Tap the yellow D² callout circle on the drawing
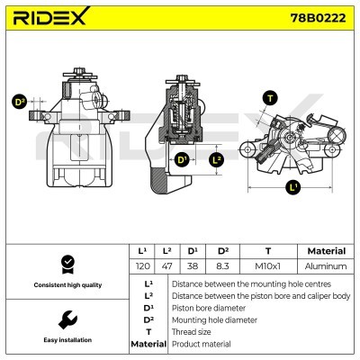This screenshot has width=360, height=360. pyautogui.click(x=19, y=103)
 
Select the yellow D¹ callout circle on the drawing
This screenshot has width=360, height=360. pyautogui.click(x=182, y=160)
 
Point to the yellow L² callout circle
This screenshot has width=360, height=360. pyautogui.click(x=215, y=160)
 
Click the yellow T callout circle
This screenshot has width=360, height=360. pyautogui.click(x=269, y=97)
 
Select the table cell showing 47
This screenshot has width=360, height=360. pyautogui.click(x=167, y=266)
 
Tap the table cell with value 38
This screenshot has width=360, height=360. pyautogui.click(x=192, y=266)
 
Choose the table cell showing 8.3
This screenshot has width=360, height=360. pyautogui.click(x=222, y=266)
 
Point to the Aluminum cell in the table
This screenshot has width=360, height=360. pyautogui.click(x=327, y=266)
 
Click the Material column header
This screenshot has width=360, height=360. pyautogui.click(x=327, y=251)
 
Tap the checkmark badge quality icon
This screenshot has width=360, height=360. pyautogui.click(x=67, y=263)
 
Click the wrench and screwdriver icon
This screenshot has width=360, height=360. pyautogui.click(x=67, y=319)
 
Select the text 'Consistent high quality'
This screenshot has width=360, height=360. pyautogui.click(x=67, y=285)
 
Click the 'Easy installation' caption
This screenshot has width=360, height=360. pyautogui.click(x=67, y=341)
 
